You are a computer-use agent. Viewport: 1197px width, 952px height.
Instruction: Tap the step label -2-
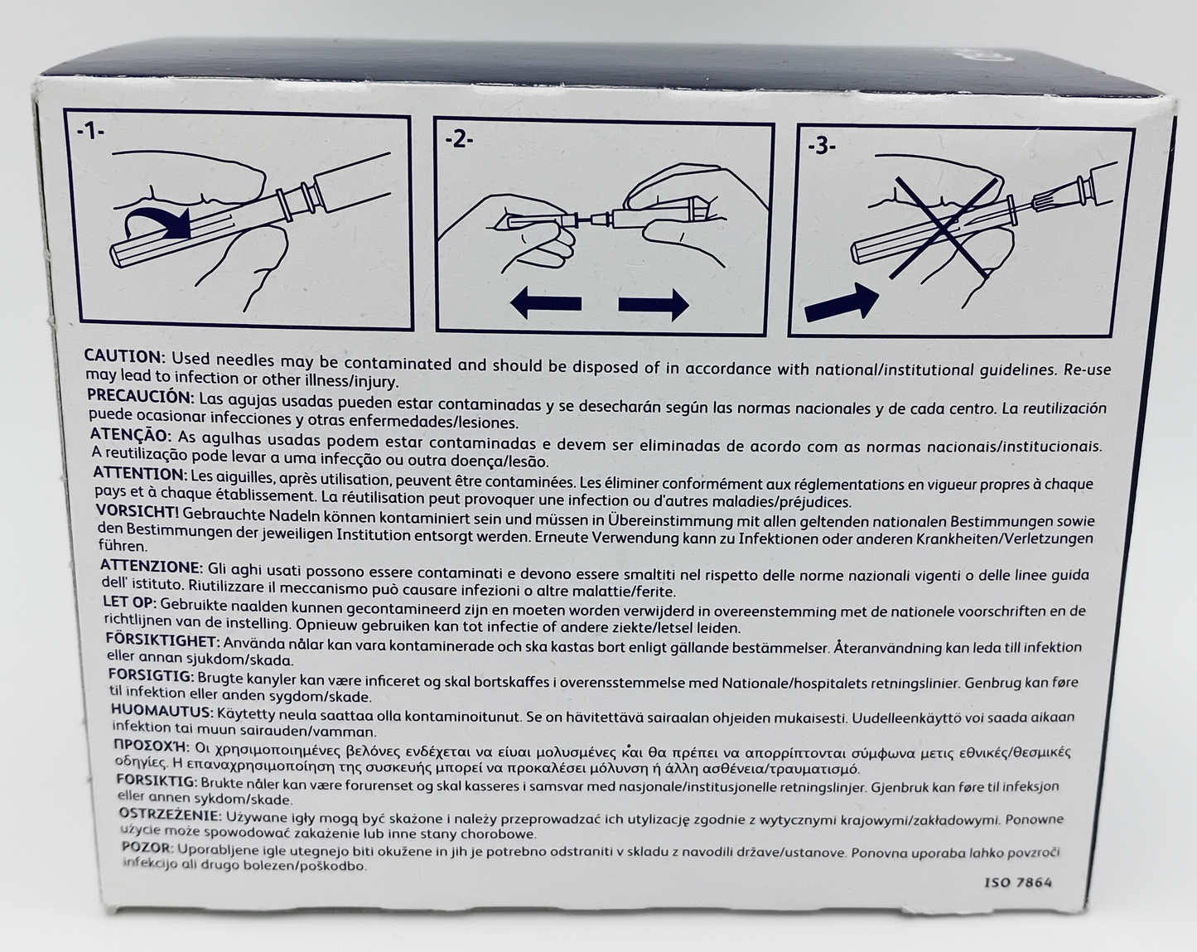(459, 142)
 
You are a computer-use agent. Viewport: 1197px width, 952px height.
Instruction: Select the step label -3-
(822, 147)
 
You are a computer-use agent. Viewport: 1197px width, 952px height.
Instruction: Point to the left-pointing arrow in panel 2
(545, 304)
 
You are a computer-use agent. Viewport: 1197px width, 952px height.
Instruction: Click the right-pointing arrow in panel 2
(654, 305)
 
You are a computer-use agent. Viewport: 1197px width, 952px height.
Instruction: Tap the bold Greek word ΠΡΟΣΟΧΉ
(151, 747)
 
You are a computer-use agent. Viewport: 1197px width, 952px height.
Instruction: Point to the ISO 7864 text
(1018, 883)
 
